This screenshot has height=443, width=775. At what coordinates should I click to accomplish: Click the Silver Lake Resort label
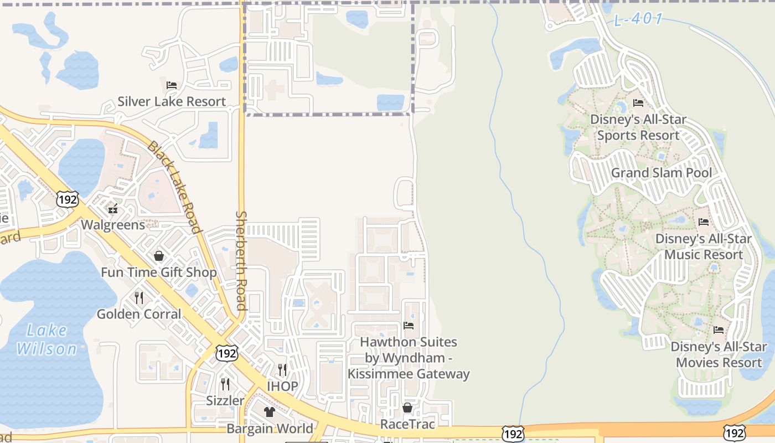(172, 102)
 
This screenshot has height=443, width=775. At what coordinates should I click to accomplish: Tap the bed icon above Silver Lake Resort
(172, 85)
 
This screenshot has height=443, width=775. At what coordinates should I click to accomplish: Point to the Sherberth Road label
(241, 260)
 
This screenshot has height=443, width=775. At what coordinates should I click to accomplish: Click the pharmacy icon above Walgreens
(113, 209)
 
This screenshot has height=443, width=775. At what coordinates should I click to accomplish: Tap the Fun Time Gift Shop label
(159, 272)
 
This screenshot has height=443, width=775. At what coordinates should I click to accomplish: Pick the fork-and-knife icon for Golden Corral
(139, 298)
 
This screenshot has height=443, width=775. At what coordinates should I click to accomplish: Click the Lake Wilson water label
(46, 340)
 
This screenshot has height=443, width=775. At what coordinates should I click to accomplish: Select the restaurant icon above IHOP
(282, 369)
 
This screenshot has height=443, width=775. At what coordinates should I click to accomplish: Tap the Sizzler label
(225, 400)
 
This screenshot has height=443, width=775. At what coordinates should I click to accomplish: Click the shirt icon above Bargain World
(270, 412)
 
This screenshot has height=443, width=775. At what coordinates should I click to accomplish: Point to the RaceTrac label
(407, 425)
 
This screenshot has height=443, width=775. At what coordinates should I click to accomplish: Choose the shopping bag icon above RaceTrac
(407, 408)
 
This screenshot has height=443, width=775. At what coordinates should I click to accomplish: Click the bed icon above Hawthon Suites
(409, 326)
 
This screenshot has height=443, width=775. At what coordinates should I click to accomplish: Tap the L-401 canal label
(638, 19)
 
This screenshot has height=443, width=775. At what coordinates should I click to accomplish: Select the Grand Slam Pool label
(662, 173)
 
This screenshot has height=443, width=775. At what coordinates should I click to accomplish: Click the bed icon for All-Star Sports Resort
(638, 103)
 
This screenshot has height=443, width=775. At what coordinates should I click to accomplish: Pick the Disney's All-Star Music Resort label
(703, 247)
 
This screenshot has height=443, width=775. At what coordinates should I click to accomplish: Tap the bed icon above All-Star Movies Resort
(719, 330)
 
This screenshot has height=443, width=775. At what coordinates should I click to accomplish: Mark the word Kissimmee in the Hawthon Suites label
(380, 374)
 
